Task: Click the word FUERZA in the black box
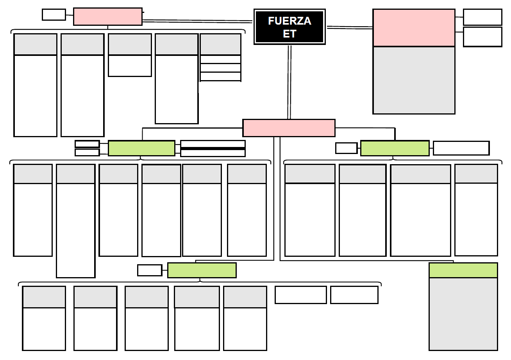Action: (289, 21)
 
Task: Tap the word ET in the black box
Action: (289, 34)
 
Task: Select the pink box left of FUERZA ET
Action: (108, 16)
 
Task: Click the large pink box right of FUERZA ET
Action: (414, 28)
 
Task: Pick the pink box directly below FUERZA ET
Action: (289, 128)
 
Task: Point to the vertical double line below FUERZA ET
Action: (289, 82)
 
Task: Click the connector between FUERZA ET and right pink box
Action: (350, 28)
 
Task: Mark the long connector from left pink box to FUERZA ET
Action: (198, 21)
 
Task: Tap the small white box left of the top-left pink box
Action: (54, 14)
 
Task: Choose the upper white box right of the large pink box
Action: (482, 17)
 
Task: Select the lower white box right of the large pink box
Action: (482, 37)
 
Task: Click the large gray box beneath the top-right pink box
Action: (414, 80)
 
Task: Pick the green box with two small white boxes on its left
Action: (141, 148)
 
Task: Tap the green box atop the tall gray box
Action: (463, 270)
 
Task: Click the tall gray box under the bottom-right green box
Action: (463, 314)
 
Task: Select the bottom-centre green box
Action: (202, 270)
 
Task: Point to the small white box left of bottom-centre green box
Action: (150, 270)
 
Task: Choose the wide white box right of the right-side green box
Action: (461, 148)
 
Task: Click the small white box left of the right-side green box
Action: (346, 148)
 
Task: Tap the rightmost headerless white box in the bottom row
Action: (354, 295)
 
